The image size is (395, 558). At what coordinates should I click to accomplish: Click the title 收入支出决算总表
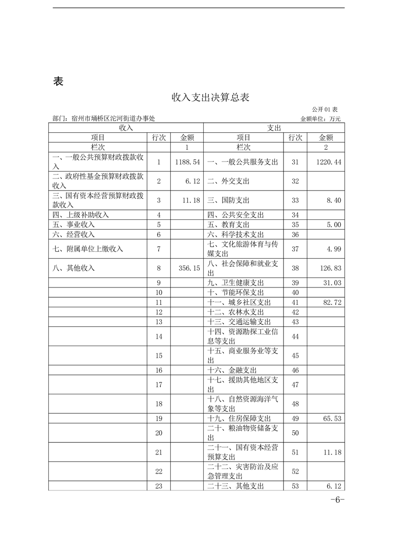click(x=210, y=97)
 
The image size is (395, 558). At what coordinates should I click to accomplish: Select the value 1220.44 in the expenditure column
click(x=328, y=162)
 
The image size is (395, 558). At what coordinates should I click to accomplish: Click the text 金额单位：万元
click(x=321, y=119)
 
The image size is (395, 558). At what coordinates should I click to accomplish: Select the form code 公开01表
click(x=325, y=109)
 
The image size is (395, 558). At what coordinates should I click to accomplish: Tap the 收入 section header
click(x=126, y=128)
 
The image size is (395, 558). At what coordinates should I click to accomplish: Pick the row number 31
click(x=295, y=162)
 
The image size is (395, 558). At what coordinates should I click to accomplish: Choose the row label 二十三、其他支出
click(x=236, y=486)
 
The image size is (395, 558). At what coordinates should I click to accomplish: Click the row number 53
click(x=295, y=486)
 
